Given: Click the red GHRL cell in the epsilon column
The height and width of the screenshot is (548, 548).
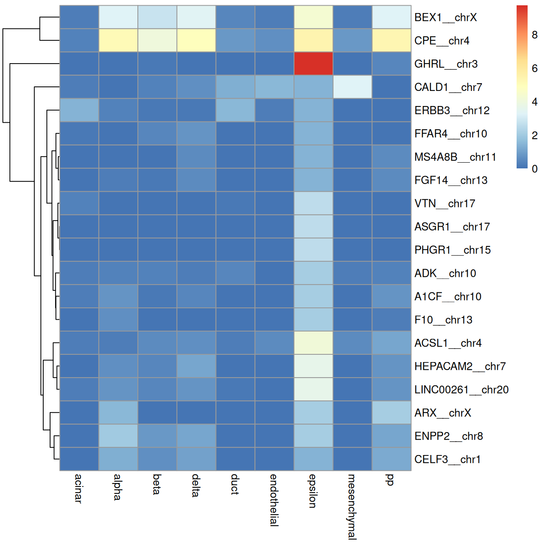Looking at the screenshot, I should tap(313, 64).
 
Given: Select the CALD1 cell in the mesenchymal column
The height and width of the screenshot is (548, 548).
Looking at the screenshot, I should tap(352, 87).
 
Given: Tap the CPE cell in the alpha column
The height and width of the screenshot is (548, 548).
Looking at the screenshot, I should tap(118, 40).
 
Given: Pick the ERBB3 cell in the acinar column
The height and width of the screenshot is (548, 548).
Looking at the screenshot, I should tap(79, 110).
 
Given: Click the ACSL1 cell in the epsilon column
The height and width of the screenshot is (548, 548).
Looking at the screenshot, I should tap(313, 342).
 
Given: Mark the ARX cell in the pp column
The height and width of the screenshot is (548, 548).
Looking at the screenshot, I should tap(391, 413).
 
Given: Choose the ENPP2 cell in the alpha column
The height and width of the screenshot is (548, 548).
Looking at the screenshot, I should tap(118, 436).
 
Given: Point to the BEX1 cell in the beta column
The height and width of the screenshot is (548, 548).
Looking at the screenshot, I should tap(157, 17).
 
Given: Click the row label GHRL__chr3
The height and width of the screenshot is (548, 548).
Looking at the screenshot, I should tap(446, 64).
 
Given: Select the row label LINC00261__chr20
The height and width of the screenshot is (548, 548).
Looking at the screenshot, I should tap(461, 390).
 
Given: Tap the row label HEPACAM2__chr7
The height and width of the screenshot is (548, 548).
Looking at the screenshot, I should tap(460, 367).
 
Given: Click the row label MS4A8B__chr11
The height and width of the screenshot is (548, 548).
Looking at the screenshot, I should tap(455, 157).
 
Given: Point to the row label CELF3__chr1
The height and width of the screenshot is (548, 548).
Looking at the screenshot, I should tap(447, 460).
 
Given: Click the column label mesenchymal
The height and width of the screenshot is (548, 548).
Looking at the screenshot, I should tap(351, 506).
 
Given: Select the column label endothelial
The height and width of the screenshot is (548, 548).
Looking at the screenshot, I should tap(274, 500).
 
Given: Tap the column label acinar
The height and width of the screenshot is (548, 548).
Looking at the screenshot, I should tap(78, 488).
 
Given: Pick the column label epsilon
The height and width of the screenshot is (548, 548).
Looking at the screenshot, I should tap(313, 491).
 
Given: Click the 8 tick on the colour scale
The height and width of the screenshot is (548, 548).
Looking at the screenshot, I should tap(535, 35).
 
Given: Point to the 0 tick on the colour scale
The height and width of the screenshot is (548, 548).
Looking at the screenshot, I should tap(535, 169).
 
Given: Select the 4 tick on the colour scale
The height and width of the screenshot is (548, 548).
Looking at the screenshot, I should tap(535, 102).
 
